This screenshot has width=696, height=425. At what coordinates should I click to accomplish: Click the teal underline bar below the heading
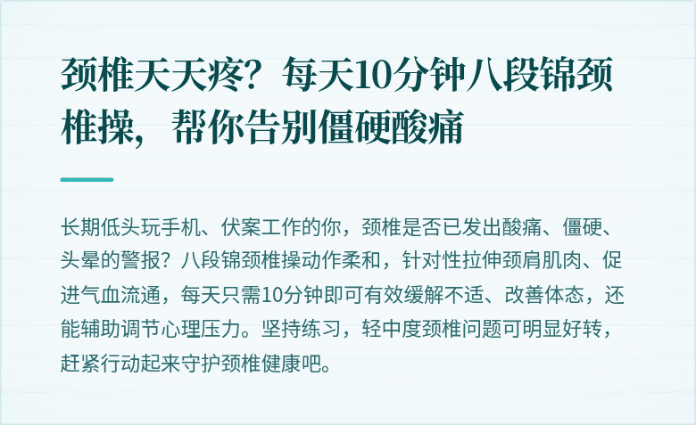point(87,179)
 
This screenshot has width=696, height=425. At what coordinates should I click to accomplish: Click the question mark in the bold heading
point(255,78)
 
